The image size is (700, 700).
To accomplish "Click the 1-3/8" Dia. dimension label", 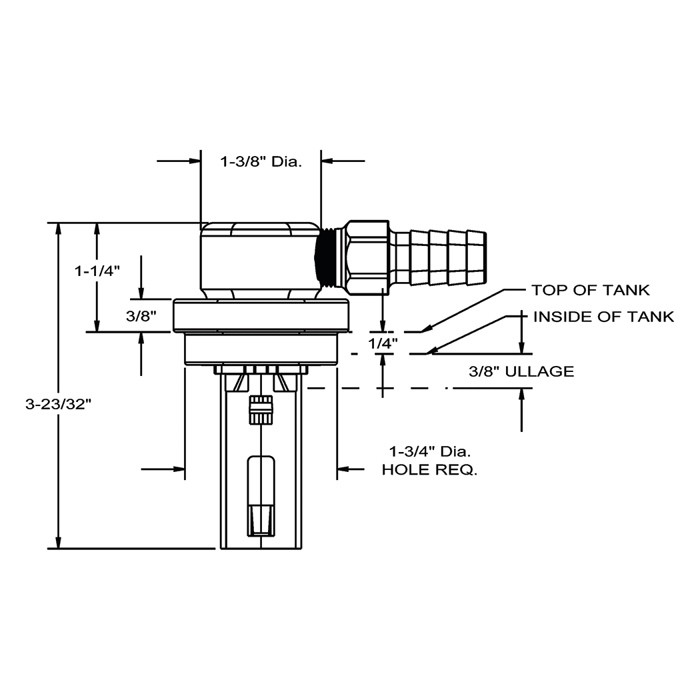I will [x=261, y=161].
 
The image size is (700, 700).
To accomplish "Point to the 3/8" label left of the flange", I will [x=141, y=316].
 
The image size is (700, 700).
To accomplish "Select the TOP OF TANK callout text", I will [x=590, y=290].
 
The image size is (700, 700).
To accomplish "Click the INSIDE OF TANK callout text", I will [x=603, y=317].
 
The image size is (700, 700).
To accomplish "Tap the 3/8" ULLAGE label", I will [x=521, y=371].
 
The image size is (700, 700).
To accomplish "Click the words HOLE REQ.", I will [x=429, y=470].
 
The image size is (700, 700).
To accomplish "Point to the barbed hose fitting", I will [x=441, y=256].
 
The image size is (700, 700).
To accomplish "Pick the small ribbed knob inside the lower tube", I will [x=261, y=409].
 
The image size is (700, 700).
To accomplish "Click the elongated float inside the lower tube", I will [x=261, y=495].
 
